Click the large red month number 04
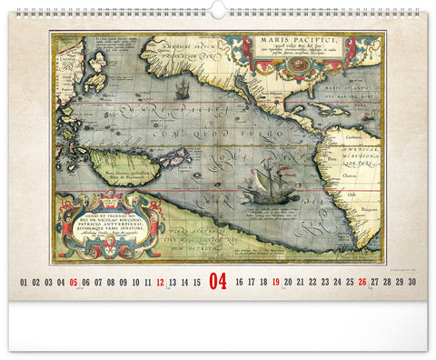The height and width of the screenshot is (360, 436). pyautogui.click(x=218, y=281)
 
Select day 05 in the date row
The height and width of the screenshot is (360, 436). pyautogui.click(x=74, y=283)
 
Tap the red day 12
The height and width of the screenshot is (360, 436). pyautogui.click(x=160, y=283)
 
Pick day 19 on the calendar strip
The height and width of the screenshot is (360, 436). pyautogui.click(x=276, y=283)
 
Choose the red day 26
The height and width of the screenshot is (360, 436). pyautogui.click(x=362, y=283)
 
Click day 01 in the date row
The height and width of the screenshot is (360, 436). pyautogui.click(x=24, y=283)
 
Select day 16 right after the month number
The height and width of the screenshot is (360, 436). pyautogui.click(x=239, y=283)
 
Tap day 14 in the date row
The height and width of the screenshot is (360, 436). pyautogui.click(x=184, y=283)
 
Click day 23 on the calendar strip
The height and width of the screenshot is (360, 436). pyautogui.click(x=325, y=283)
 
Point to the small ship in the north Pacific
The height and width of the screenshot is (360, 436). pyautogui.click(x=181, y=88)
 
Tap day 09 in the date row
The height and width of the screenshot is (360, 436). pyautogui.click(x=123, y=283)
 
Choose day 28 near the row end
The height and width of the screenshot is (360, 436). pyautogui.click(x=387, y=283)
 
